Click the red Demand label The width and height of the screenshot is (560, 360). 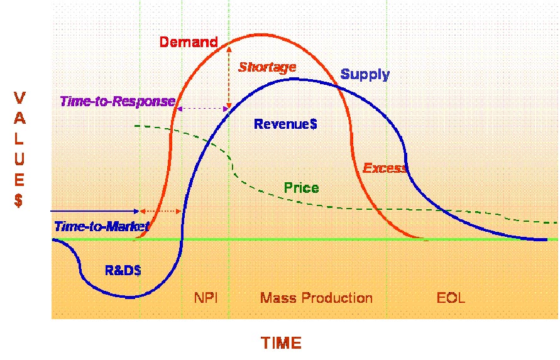tap(189, 42)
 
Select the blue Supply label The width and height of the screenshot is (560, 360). tap(365, 75)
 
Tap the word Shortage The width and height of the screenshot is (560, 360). tap(267, 67)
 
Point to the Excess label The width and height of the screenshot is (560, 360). tap(385, 168)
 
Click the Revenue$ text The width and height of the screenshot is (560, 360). tap(285, 124)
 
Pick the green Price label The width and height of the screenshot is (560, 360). tap(302, 188)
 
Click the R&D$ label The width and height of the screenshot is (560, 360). tap(123, 270)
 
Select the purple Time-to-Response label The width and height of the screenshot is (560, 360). tap(118, 102)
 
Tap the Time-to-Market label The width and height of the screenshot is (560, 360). tap(102, 226)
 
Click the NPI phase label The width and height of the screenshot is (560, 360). tap(206, 298)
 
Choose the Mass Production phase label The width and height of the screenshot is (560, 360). tap(316, 298)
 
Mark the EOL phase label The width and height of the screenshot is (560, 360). tap(451, 298)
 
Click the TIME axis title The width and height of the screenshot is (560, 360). tap(282, 343)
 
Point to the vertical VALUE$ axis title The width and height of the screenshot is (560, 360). tap(19, 150)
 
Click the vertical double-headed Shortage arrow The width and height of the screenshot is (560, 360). tap(229, 76)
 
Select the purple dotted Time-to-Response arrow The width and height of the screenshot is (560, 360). tap(203, 109)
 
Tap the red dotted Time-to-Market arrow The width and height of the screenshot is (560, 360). tap(160, 212)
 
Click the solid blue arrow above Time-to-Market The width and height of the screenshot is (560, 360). tap(95, 212)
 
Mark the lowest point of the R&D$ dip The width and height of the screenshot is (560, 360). tap(131, 297)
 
